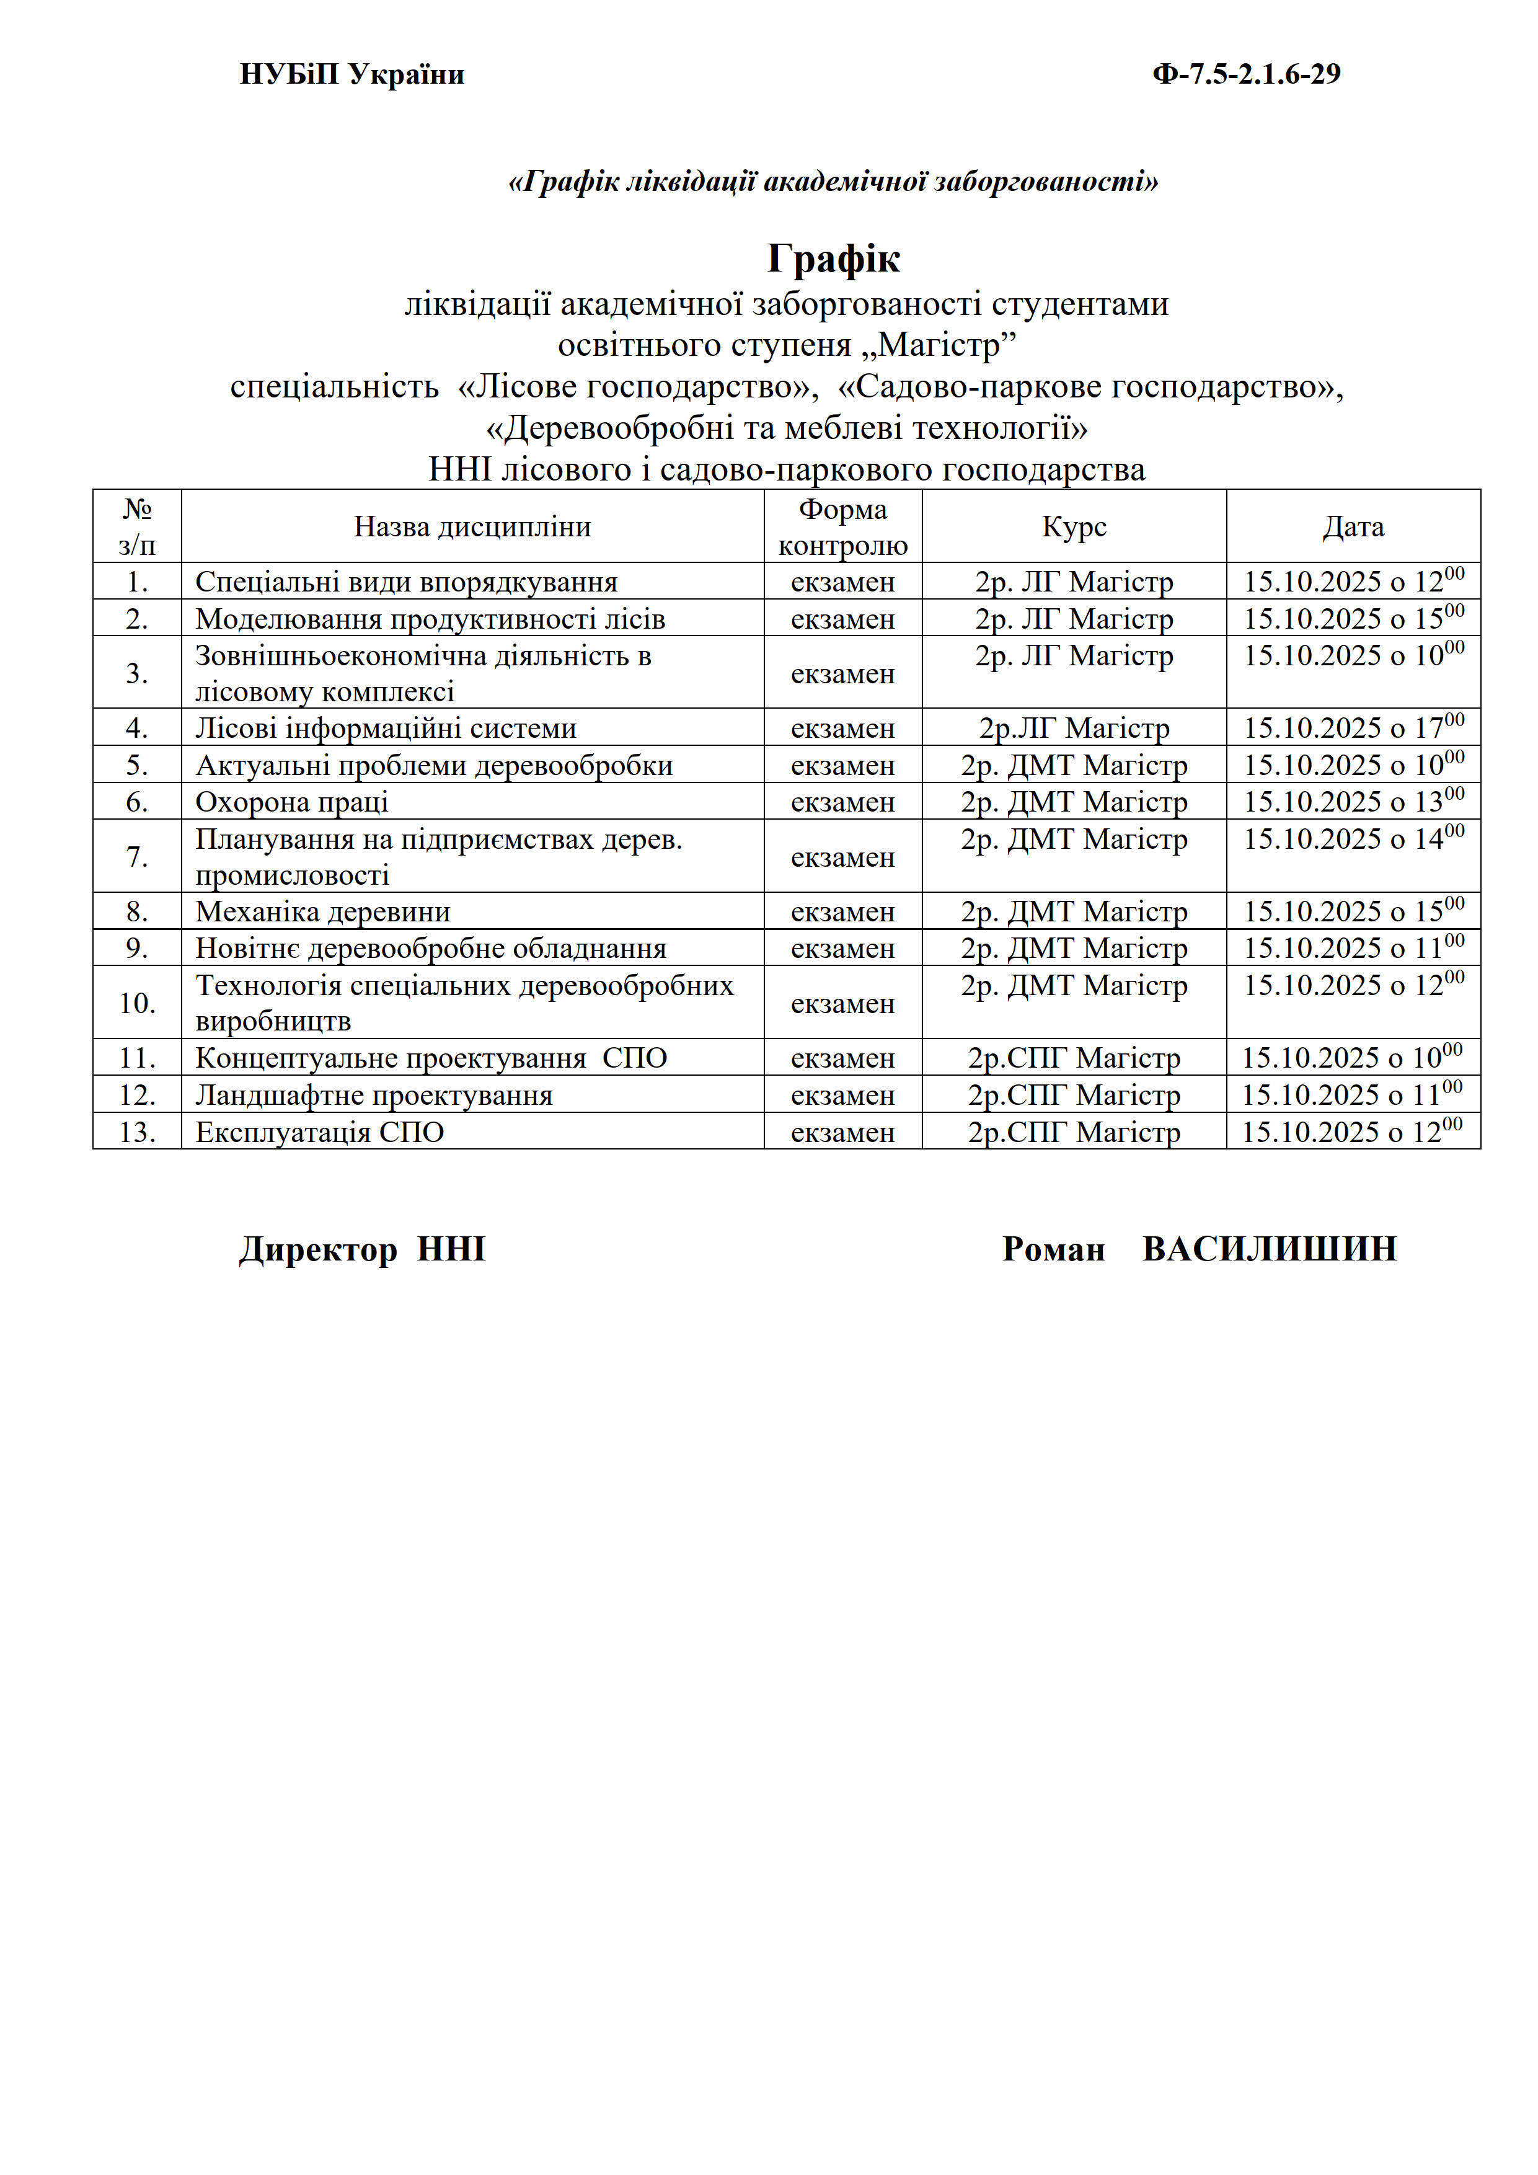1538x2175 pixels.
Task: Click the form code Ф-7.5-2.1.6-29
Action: click(1245, 74)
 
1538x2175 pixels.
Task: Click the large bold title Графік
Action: click(833, 258)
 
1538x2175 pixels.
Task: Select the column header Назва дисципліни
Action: click(472, 526)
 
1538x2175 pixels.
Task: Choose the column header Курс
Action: click(1074, 526)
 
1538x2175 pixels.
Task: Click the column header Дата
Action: click(1353, 526)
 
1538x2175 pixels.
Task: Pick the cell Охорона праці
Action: click(292, 802)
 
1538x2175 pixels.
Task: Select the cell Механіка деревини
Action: click(323, 911)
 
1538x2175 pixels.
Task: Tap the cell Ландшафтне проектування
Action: click(374, 1095)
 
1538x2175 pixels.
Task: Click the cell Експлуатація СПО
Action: click(319, 1132)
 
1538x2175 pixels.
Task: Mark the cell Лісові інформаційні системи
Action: click(386, 729)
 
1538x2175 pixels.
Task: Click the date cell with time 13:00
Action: click(1353, 802)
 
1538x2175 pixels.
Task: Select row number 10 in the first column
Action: click(138, 1002)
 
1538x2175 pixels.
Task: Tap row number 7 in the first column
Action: click(138, 856)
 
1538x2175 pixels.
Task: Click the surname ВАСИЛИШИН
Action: click(1269, 1249)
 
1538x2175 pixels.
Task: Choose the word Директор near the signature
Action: click(318, 1249)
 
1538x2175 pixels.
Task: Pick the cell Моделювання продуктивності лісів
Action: click(430, 619)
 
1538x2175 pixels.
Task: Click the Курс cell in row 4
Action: click(1074, 729)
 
